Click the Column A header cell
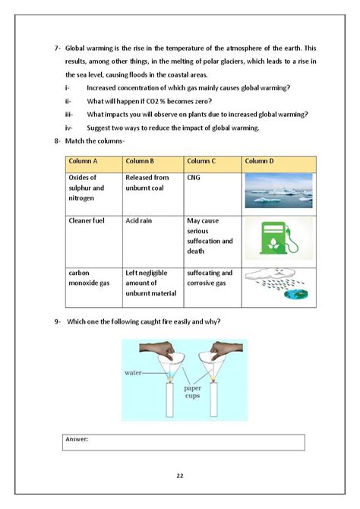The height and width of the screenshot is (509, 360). (84, 161)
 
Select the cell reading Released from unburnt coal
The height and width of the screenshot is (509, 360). (148, 182)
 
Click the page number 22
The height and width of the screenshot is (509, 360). (180, 476)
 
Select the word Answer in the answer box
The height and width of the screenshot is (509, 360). (77, 439)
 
